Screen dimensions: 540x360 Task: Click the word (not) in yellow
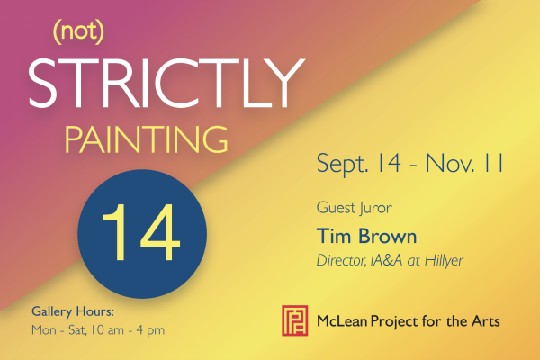pyautogui.click(x=78, y=32)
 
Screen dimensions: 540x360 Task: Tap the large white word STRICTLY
pyautogui.click(x=166, y=84)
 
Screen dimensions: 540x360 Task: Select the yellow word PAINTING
pyautogui.click(x=146, y=139)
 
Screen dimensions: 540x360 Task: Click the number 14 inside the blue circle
pyautogui.click(x=141, y=232)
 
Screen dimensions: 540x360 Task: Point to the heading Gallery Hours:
pyautogui.click(x=73, y=311)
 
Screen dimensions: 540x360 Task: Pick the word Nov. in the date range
pyautogui.click(x=450, y=163)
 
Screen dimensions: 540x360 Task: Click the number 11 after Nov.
pyautogui.click(x=494, y=163)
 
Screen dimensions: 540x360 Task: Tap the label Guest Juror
pyautogui.click(x=354, y=209)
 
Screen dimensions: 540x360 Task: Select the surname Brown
pyautogui.click(x=387, y=236)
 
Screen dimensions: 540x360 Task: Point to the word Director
pyautogui.click(x=341, y=260)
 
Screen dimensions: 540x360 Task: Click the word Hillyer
pyautogui.click(x=444, y=261)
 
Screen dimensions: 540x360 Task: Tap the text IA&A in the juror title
pyautogui.click(x=386, y=260)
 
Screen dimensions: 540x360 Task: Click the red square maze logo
pyautogui.click(x=295, y=320)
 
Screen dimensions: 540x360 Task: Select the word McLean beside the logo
pyautogui.click(x=342, y=321)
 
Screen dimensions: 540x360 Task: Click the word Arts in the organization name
pyautogui.click(x=486, y=321)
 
